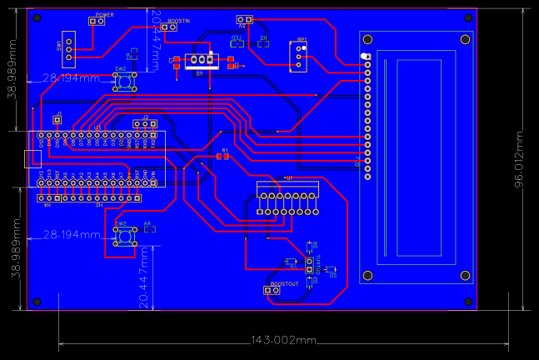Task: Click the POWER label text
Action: (x=105, y=15)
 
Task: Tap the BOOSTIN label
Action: (x=179, y=19)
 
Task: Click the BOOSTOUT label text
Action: (x=285, y=284)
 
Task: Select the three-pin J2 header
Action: (x=146, y=123)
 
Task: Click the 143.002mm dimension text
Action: (x=284, y=340)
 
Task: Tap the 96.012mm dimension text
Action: (x=518, y=159)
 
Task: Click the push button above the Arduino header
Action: (x=124, y=81)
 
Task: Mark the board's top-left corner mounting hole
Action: (x=37, y=18)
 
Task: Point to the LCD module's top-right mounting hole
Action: (x=464, y=38)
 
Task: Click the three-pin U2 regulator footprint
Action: (x=202, y=60)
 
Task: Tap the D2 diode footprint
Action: (x=329, y=269)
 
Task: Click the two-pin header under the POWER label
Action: (x=97, y=22)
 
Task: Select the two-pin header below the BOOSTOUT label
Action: (x=279, y=293)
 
